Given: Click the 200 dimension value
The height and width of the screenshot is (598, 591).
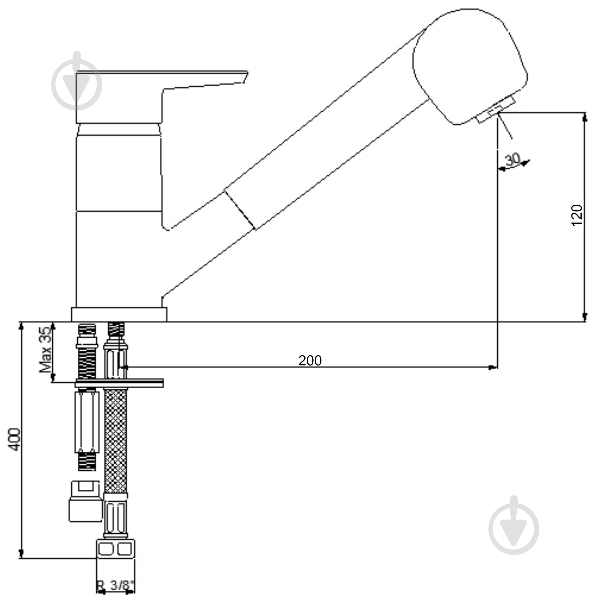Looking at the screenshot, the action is [x=310, y=360].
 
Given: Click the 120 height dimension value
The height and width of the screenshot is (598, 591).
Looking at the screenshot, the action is [x=576, y=215].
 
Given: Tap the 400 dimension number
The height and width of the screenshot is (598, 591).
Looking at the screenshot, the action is [x=14, y=440].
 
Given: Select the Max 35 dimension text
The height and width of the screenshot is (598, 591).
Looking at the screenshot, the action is [x=45, y=350].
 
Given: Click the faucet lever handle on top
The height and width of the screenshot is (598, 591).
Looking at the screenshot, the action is [x=162, y=97].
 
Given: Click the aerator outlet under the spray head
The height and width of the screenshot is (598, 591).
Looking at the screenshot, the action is [x=495, y=110].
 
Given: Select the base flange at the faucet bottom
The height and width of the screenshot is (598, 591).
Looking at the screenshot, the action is [x=119, y=314].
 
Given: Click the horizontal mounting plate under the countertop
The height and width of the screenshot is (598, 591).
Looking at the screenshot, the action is [x=119, y=383].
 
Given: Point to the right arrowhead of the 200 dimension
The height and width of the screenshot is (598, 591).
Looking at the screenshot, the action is [x=493, y=367].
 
